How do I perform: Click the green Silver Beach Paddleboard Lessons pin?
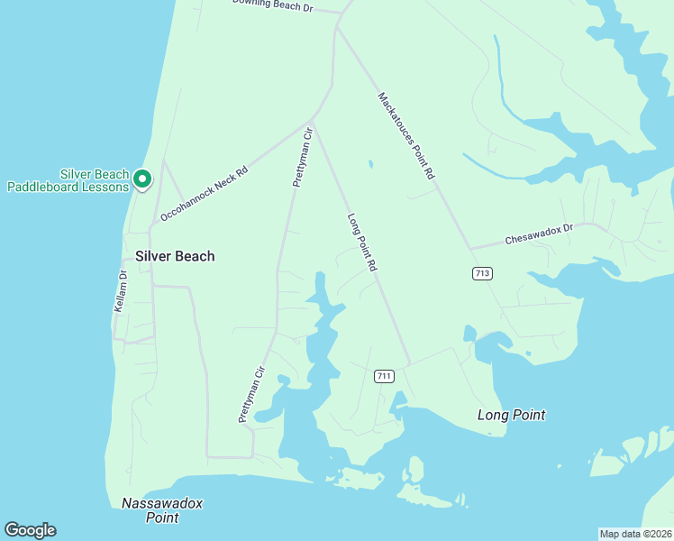(x=141, y=179)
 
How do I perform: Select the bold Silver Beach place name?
(x=175, y=256)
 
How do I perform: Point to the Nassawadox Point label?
(x=151, y=510)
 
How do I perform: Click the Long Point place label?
(x=511, y=415)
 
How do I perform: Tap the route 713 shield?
(x=482, y=273)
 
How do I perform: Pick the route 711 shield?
(x=384, y=376)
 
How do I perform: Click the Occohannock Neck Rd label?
(x=204, y=194)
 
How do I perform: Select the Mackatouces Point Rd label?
(x=406, y=136)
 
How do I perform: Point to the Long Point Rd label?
(x=361, y=243)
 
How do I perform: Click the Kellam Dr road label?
(x=121, y=290)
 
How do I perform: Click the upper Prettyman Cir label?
(x=302, y=157)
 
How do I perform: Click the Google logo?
(x=30, y=530)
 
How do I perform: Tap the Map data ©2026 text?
(x=635, y=534)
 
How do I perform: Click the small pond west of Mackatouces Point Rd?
(x=370, y=164)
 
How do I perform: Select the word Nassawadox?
(x=150, y=503)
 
